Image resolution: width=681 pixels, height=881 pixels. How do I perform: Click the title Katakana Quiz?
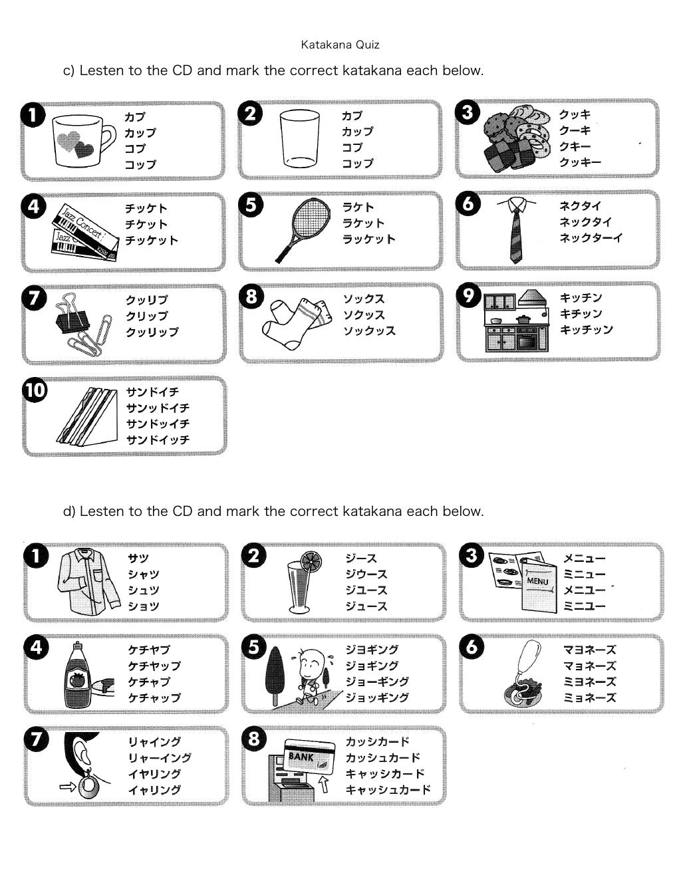click(340, 45)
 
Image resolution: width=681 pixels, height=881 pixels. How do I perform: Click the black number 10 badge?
click(35, 390)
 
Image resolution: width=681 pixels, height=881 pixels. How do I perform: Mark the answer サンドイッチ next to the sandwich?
click(158, 440)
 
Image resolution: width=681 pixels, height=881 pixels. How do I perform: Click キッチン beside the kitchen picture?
click(581, 298)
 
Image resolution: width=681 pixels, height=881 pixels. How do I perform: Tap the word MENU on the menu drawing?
click(537, 582)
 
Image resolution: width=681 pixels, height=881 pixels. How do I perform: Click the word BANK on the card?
click(301, 756)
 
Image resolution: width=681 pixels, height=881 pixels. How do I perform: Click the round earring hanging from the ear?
click(88, 787)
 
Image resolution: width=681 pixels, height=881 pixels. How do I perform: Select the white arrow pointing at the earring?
click(67, 787)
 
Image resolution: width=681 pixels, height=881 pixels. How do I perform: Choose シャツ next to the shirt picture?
click(144, 574)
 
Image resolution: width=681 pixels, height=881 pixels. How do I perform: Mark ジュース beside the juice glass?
click(366, 606)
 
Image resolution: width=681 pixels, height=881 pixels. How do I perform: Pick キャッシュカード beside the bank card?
click(388, 790)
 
